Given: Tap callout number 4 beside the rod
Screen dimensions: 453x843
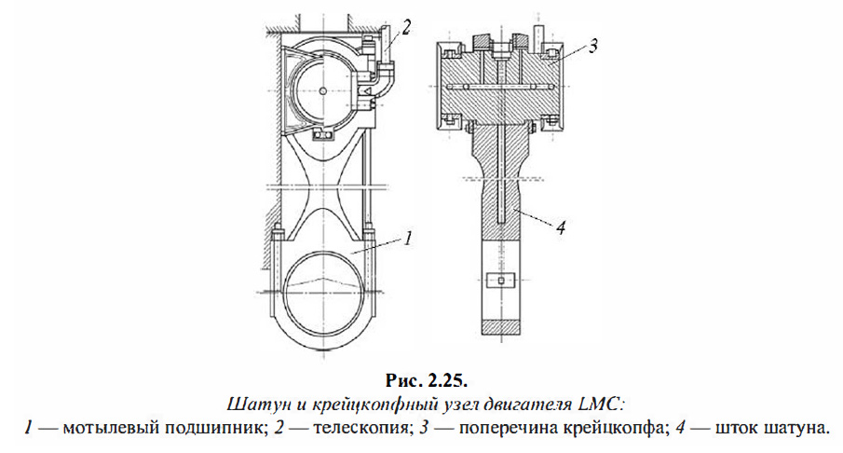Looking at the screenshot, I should tap(559, 226).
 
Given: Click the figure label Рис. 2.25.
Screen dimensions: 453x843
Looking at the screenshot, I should tap(422, 380).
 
